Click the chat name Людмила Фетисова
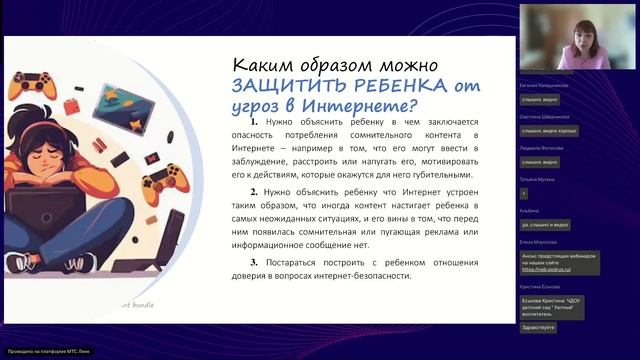541,146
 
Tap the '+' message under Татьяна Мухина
524,193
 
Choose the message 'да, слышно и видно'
546,225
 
